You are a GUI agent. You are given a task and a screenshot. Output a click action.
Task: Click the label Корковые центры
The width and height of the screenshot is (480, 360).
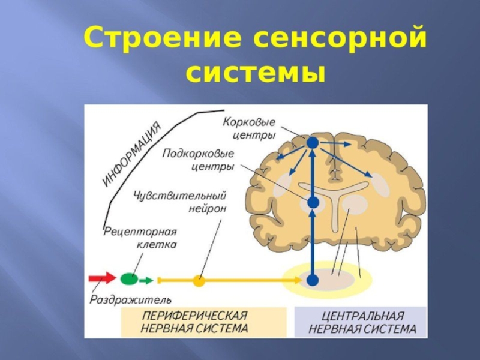pos(249,128)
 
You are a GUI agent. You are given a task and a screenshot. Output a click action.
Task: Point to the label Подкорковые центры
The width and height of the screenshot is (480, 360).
pos(198,160)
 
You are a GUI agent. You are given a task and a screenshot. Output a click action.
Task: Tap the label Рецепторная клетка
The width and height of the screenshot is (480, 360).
pos(140,238)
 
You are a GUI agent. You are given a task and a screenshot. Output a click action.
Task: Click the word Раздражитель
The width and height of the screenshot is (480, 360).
pos(131,299)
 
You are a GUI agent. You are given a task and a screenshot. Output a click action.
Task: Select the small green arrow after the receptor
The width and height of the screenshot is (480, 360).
pos(146,280)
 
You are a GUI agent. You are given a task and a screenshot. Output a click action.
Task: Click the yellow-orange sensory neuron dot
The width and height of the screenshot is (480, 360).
pos(199,280)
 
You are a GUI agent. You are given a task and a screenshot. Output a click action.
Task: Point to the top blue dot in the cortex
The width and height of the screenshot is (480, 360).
pos(313,143)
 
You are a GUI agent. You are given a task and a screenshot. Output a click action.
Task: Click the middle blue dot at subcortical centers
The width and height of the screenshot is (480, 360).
pos(313,203)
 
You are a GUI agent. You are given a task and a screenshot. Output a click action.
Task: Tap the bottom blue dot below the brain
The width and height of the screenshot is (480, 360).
pos(312,280)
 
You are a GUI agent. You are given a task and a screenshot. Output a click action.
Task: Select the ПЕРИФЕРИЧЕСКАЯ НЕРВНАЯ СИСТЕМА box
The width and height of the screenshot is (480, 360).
pos(194,322)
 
